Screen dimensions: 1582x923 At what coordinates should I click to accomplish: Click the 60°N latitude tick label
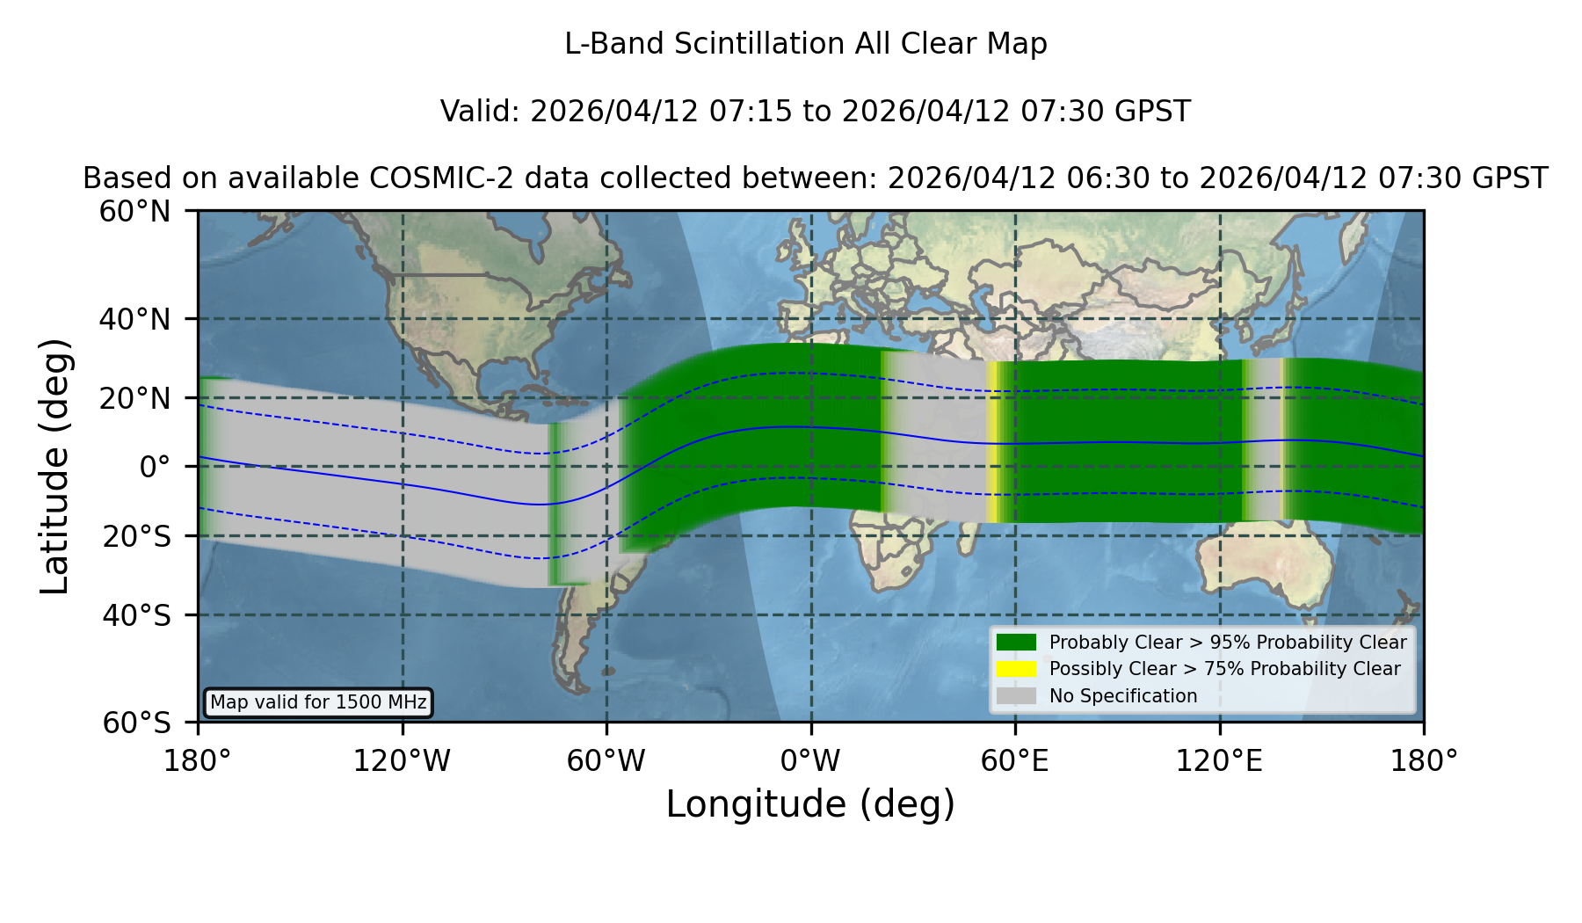[x=134, y=212]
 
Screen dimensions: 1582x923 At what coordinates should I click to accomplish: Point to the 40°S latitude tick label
[x=136, y=615]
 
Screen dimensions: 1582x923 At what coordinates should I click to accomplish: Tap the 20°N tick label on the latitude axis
[x=134, y=398]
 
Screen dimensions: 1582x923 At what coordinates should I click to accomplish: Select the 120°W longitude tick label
[x=402, y=760]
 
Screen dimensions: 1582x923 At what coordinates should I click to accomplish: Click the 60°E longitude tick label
[x=1015, y=760]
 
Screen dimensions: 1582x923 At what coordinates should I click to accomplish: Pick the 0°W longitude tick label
[x=810, y=760]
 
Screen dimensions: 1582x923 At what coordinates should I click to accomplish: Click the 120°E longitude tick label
[x=1219, y=760]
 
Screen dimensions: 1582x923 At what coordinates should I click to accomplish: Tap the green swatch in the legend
[x=1016, y=642]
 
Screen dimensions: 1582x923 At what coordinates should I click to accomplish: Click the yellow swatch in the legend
[x=1016, y=669]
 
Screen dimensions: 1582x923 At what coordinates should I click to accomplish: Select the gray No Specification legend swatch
[x=1016, y=696]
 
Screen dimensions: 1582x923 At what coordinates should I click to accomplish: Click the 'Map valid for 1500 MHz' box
[x=318, y=702]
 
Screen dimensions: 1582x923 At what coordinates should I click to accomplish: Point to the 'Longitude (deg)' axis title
[x=810, y=804]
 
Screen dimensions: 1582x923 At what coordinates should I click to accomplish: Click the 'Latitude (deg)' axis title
[x=55, y=466]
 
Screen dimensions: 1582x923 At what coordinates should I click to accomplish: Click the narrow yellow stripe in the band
[x=992, y=442]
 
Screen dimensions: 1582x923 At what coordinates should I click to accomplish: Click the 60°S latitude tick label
[x=136, y=723]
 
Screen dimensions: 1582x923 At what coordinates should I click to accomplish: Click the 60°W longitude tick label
[x=606, y=760]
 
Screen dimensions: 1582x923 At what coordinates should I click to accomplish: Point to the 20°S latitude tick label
[x=136, y=536]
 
